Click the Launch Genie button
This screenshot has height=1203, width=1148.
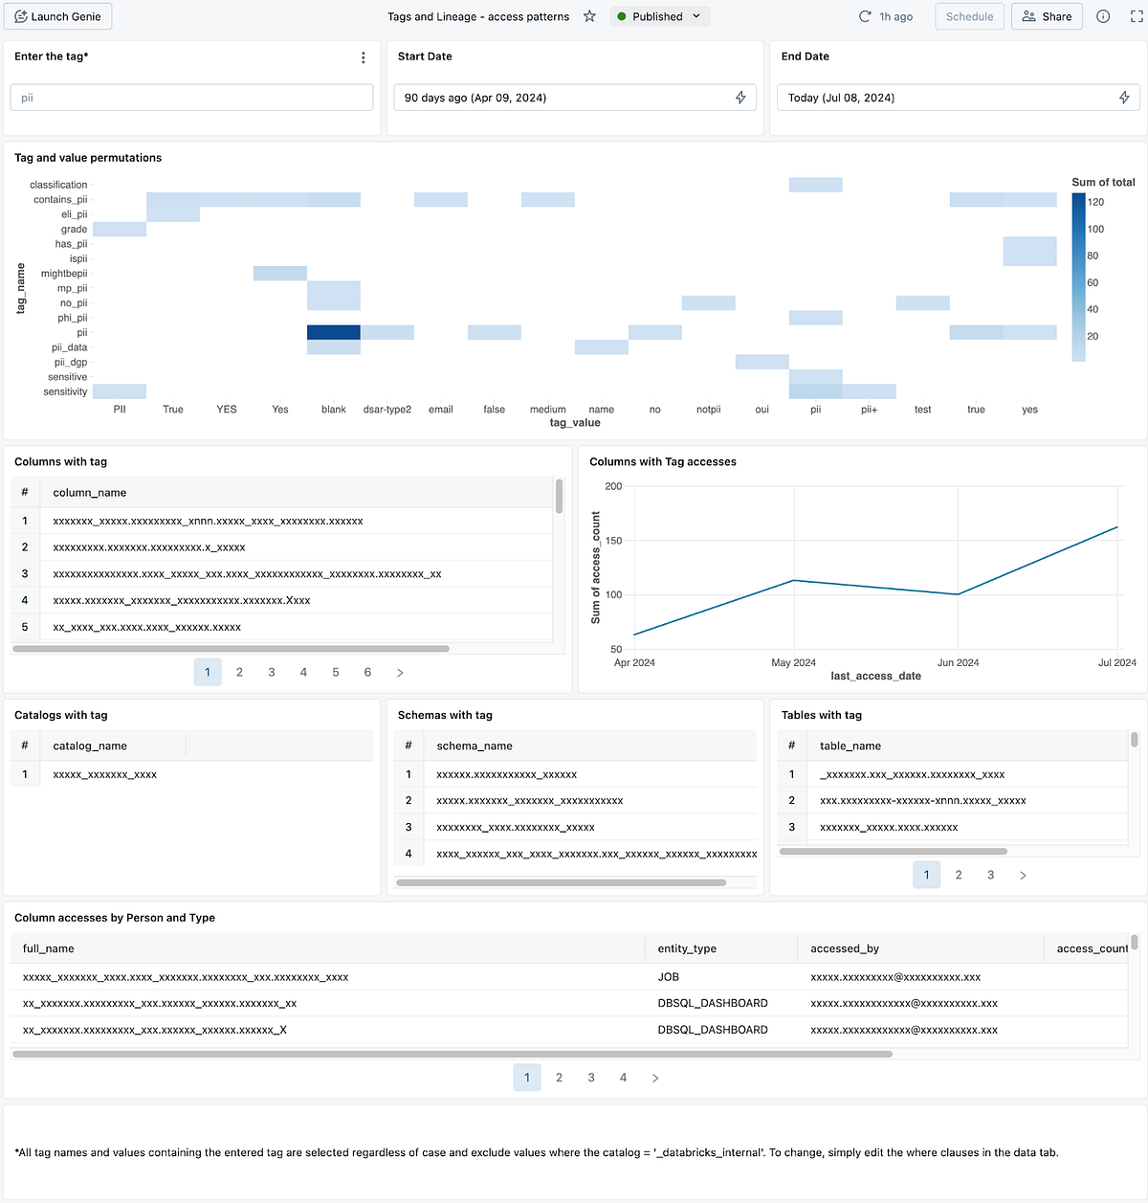[x=58, y=16]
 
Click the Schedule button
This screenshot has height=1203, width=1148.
[x=969, y=16]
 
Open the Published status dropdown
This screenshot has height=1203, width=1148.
[x=659, y=16]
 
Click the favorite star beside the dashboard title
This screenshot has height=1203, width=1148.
[x=589, y=16]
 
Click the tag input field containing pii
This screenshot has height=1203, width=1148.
[x=191, y=98]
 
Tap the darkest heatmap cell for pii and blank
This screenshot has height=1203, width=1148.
[x=333, y=332]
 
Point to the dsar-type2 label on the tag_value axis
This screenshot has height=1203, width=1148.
[x=387, y=410]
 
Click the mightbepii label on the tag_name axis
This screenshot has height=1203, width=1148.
[x=64, y=274]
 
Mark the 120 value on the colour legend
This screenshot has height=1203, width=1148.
[x=1096, y=202]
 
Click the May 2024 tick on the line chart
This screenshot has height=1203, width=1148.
[x=793, y=662]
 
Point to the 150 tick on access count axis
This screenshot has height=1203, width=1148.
[x=613, y=541]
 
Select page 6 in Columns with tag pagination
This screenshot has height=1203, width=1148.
[x=367, y=673]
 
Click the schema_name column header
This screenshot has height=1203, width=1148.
[x=475, y=746]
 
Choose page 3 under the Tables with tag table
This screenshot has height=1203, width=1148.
[x=990, y=875]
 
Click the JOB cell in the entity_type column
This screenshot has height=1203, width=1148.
[x=669, y=977]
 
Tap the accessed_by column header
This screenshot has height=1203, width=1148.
[x=845, y=948]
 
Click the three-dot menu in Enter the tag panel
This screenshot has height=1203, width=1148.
[x=364, y=58]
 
